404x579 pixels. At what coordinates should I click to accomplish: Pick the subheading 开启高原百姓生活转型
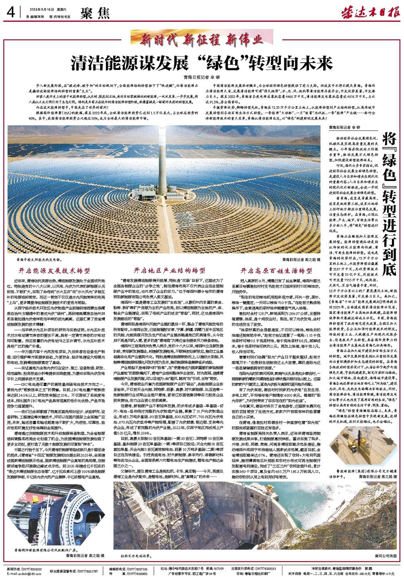pyautogui.click(x=276, y=271)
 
